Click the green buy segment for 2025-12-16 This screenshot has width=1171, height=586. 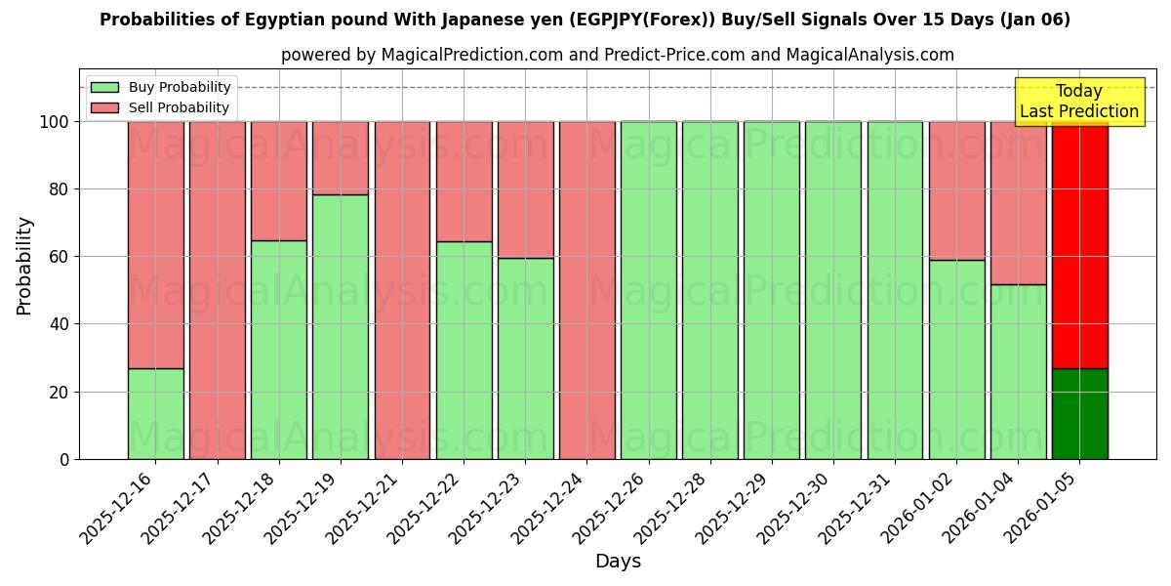click(155, 413)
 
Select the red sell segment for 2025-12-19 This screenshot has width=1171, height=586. click(341, 157)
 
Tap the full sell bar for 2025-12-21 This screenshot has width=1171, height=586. click(402, 290)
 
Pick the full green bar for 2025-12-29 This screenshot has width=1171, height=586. click(772, 290)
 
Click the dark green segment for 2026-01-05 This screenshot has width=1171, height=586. click(1079, 413)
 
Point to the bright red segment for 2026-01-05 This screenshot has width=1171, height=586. click(1079, 244)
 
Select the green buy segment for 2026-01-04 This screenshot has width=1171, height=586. click(1018, 371)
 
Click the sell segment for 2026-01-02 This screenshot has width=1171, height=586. click(956, 190)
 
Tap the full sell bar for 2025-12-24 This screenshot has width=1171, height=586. click(586, 290)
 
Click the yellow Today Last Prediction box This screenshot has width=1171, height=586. click(1079, 102)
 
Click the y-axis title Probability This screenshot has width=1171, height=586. click(24, 266)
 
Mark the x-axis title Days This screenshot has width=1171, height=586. click(618, 562)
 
